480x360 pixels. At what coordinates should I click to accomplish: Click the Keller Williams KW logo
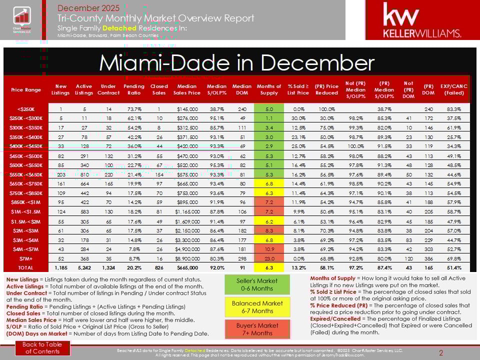pos(421,20)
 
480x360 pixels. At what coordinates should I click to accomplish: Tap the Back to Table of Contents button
pos(43,347)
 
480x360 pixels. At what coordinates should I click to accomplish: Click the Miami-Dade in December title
pos(236,62)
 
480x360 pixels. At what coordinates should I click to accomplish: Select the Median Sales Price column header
pos(186,89)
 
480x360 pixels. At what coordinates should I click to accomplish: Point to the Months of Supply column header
pos(268,89)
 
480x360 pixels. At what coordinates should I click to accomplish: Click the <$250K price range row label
pos(26,108)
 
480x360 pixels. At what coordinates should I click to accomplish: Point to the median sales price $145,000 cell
pos(186,108)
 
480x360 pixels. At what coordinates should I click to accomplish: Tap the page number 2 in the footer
pos(441,353)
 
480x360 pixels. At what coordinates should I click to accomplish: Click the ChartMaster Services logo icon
pos(21,19)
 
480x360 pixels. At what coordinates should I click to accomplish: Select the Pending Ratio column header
pos(133,89)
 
